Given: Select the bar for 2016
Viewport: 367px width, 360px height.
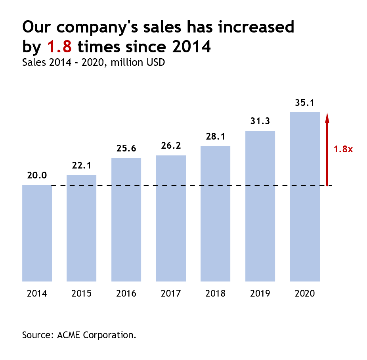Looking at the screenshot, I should [x=126, y=220].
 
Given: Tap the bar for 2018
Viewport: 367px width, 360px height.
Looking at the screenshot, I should [x=215, y=214].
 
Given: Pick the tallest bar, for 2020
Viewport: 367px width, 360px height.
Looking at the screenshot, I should [x=305, y=197].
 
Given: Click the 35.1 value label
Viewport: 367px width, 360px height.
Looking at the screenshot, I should [x=305, y=103].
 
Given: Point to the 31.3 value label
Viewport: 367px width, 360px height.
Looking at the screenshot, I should [x=260, y=121].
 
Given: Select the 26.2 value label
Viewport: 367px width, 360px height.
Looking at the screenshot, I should [x=171, y=146].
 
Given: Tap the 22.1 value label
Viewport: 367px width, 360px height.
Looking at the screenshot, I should [x=82, y=165].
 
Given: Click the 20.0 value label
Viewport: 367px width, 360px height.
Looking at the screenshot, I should [x=37, y=176].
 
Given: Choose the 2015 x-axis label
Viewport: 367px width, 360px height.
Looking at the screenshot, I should [x=82, y=294].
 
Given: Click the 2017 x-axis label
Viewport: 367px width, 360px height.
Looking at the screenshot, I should [x=171, y=294].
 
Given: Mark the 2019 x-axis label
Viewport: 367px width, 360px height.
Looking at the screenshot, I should [x=260, y=294].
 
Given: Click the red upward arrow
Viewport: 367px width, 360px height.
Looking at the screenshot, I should [x=327, y=149].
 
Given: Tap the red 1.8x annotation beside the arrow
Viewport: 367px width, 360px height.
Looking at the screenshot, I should [x=343, y=149].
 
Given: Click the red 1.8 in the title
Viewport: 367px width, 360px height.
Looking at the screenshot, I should [x=59, y=47].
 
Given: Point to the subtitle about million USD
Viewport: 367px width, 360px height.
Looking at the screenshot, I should [x=94, y=62].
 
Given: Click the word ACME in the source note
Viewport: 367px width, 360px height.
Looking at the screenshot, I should [x=69, y=335].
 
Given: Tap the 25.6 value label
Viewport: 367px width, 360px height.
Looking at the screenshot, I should [x=126, y=149].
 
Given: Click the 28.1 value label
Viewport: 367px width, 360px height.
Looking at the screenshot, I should [x=215, y=137].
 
